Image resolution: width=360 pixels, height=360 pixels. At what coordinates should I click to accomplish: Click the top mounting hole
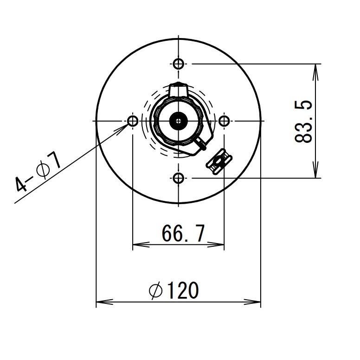click(179, 64)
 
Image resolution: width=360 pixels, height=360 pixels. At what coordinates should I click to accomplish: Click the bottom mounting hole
click(179, 178)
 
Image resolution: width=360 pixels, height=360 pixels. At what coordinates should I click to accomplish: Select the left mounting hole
click(133, 121)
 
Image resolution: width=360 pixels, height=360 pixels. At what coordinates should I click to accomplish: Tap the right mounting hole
click(224, 121)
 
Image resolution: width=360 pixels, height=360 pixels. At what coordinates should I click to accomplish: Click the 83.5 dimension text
click(303, 122)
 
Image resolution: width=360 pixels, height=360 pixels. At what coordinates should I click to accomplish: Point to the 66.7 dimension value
click(183, 233)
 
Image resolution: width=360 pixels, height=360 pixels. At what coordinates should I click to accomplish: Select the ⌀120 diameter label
click(174, 290)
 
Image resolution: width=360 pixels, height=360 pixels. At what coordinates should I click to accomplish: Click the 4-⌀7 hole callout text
click(38, 172)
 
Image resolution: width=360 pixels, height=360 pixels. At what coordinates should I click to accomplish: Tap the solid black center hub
click(179, 121)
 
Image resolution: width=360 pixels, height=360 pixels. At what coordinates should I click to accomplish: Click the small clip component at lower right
click(219, 161)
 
